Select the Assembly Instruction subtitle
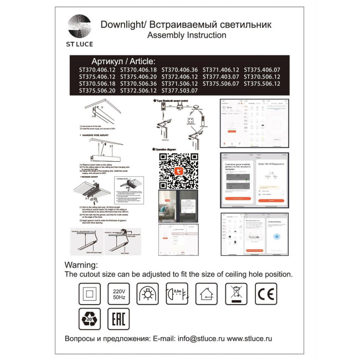187,35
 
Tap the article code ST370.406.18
138,70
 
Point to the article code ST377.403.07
221,76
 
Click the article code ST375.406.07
262,70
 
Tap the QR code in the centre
178,171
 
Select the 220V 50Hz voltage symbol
119,294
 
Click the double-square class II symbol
88,294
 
